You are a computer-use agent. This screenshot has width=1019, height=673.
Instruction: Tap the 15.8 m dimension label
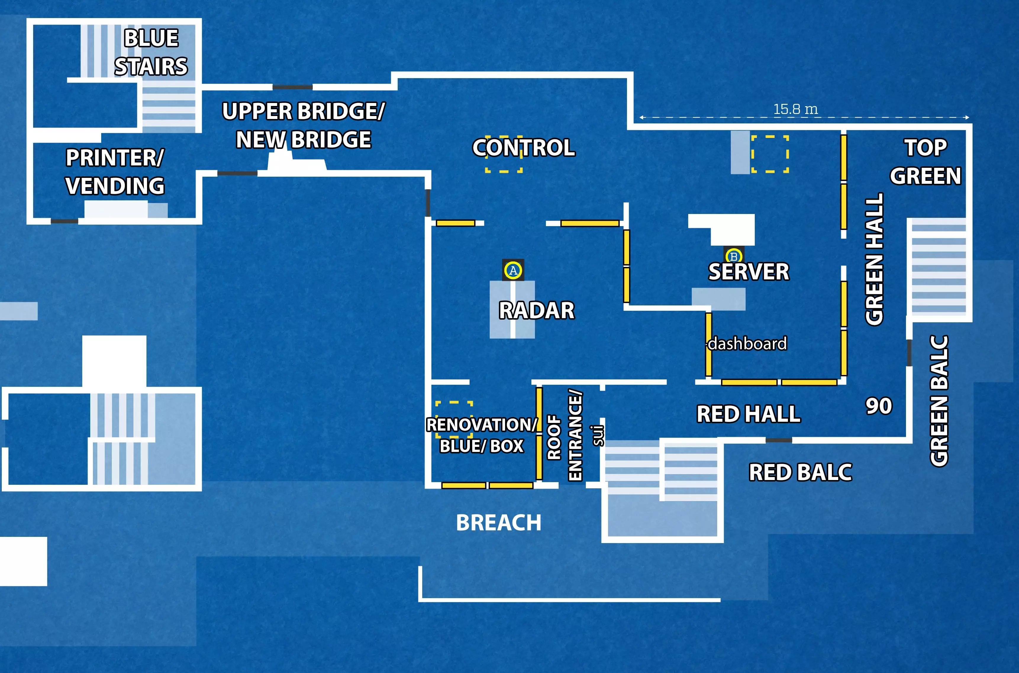(x=795, y=109)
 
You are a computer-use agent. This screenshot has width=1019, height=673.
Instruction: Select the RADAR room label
(x=536, y=310)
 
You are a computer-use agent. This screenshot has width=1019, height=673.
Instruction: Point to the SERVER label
(x=749, y=272)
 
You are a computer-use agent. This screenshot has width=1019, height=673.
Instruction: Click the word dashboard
(x=747, y=343)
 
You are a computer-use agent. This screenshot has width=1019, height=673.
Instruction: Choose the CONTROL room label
(x=523, y=148)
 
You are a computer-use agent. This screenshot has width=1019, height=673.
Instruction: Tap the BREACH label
(x=499, y=523)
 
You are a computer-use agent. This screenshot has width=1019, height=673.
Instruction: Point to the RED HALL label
(x=748, y=414)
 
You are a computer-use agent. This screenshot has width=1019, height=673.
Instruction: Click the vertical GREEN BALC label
(x=939, y=400)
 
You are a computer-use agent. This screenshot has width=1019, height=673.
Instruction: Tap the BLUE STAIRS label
(x=151, y=52)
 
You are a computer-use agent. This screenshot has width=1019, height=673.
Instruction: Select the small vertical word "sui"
(x=598, y=435)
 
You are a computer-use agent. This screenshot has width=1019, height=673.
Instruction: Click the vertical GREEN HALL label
(x=874, y=259)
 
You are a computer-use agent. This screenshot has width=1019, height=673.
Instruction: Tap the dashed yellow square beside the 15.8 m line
(x=770, y=154)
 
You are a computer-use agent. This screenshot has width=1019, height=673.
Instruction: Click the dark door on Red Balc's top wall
(x=779, y=440)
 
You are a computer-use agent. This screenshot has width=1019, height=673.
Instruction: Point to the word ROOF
(x=554, y=437)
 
